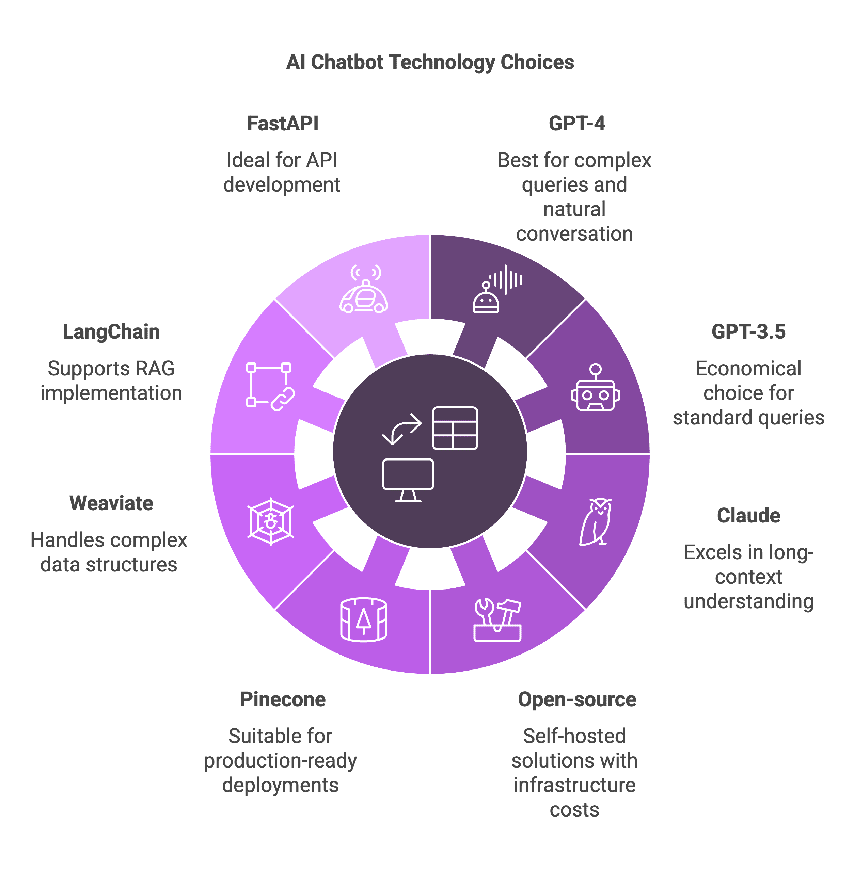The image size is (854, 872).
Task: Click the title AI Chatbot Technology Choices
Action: click(x=430, y=62)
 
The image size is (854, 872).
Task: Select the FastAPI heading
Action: click(x=283, y=124)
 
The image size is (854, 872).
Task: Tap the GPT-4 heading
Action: click(x=577, y=124)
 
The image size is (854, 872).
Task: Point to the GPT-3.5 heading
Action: click(x=748, y=332)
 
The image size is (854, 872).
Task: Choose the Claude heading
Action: click(x=748, y=516)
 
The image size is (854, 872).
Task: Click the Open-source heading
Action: click(x=577, y=699)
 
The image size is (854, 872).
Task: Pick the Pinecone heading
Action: click(x=283, y=699)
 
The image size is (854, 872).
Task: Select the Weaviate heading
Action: click(x=111, y=503)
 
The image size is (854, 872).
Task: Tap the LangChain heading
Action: click(x=111, y=332)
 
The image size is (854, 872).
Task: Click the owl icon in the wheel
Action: click(x=596, y=521)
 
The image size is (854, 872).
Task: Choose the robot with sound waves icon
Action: click(x=496, y=289)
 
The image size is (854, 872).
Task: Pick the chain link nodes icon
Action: click(x=270, y=386)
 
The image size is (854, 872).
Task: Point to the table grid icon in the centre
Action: click(x=455, y=428)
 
